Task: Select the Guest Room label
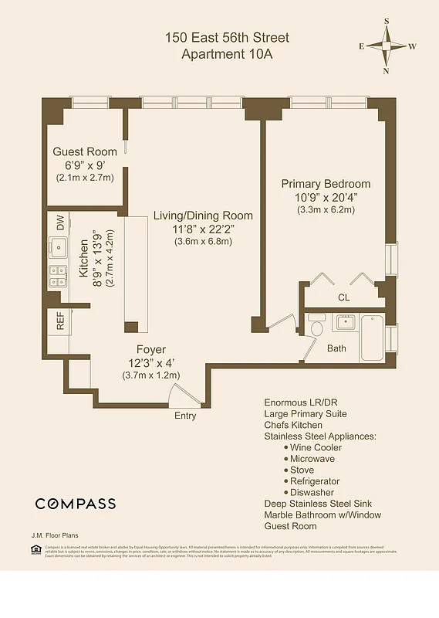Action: point(85,151)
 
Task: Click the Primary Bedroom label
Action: point(325,184)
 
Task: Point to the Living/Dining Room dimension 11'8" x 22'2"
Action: point(203,229)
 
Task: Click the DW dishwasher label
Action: point(59,222)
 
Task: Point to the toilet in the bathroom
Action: point(315,329)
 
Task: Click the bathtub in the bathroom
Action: point(372,338)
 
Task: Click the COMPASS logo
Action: point(76,504)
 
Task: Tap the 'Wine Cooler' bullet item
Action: point(316,447)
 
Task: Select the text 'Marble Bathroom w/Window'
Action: point(322,514)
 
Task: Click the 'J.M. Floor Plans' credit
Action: point(55,535)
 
